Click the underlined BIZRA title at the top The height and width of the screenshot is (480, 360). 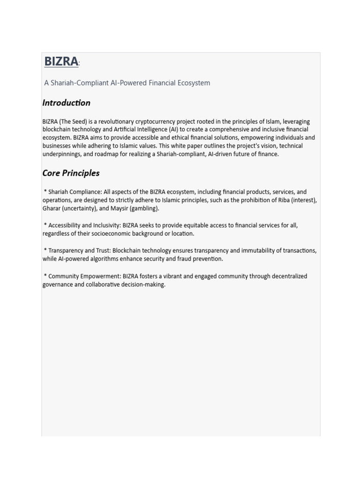pos(61,61)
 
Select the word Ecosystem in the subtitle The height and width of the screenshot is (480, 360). pos(194,83)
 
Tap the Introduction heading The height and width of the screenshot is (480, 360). pos(66,103)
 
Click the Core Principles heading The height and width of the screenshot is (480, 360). pos(71,173)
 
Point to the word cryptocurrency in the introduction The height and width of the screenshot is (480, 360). pos(156,121)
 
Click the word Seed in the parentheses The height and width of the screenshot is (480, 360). pos(78,121)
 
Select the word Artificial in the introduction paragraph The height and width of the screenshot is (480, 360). pos(127,129)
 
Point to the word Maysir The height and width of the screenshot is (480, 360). pos(120,209)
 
